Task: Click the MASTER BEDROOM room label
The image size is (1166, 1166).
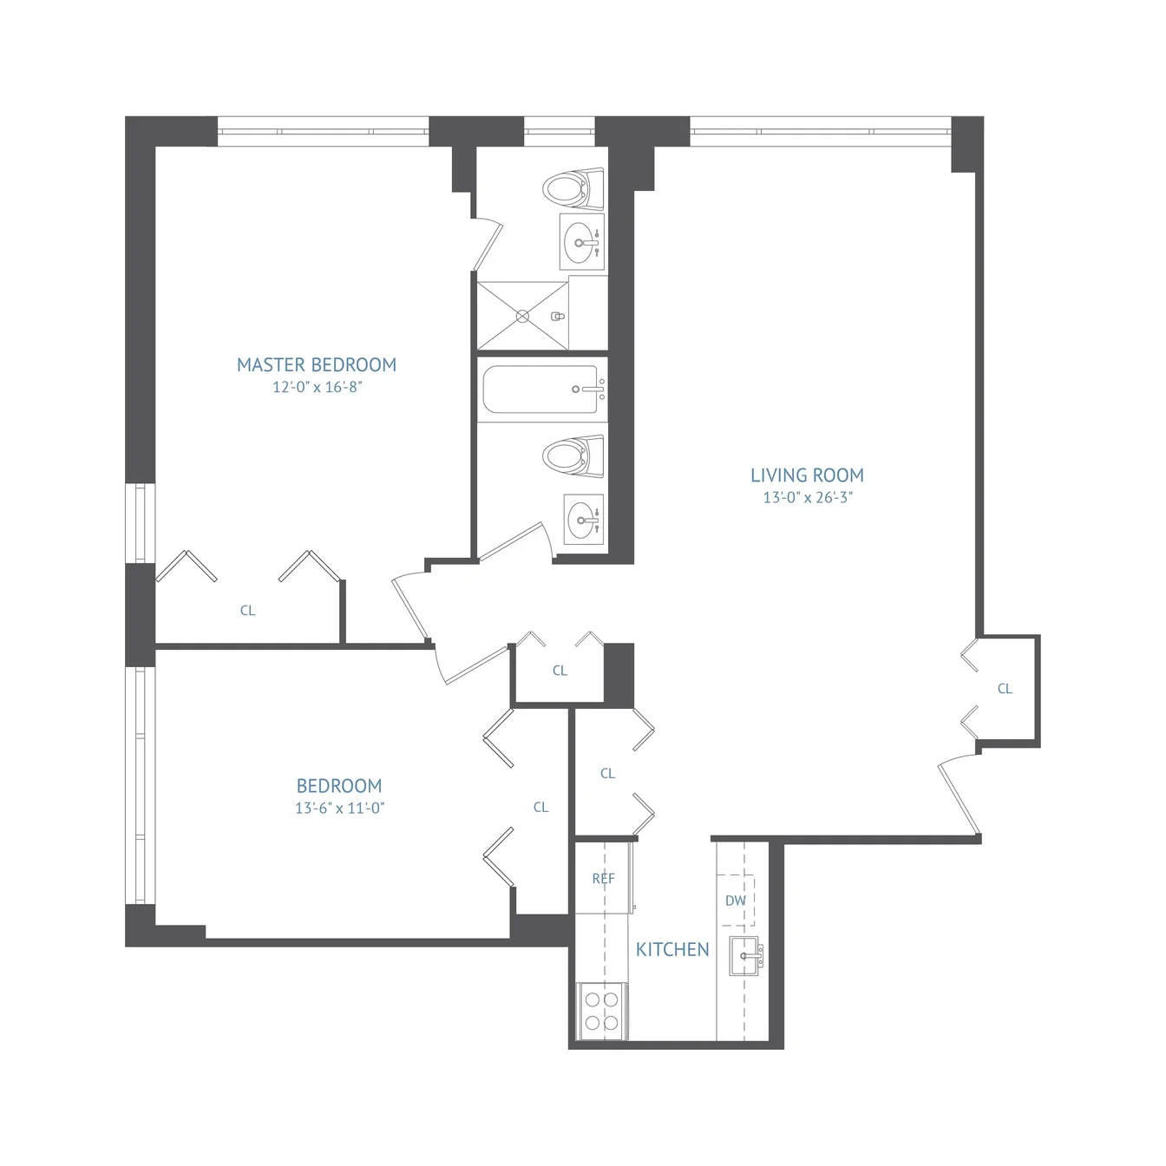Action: point(317,365)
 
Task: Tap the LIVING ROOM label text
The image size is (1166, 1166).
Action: point(807,475)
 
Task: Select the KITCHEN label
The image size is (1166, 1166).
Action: point(672,949)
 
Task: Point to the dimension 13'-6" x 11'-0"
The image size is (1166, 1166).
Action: point(340,809)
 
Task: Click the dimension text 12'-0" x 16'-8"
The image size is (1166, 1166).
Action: point(317,387)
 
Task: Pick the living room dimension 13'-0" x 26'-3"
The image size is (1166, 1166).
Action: point(808,497)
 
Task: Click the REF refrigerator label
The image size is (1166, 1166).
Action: point(603,879)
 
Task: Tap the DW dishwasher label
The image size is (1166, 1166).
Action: point(736,901)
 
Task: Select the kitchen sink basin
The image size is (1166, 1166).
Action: point(745,956)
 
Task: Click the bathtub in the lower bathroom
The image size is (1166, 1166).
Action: point(541,389)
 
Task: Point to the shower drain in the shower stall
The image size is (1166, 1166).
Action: point(523,317)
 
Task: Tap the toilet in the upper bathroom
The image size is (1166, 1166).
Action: point(573,189)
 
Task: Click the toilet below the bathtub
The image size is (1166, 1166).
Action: point(573,456)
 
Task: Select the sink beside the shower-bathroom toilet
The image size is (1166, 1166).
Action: point(582,242)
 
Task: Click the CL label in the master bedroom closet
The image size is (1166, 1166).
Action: point(247,611)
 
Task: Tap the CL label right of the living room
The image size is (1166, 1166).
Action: point(1005,689)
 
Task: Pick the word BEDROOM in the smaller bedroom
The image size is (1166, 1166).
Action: point(339,786)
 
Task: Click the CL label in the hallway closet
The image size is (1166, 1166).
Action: point(560,671)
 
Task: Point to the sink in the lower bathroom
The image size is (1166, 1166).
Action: point(584,519)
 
